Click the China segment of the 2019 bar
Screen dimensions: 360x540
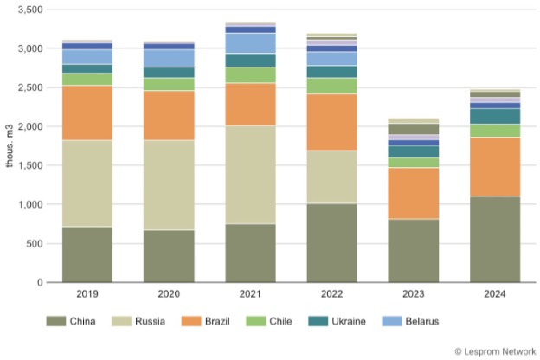click(x=87, y=254)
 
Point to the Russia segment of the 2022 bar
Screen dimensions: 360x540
click(x=332, y=177)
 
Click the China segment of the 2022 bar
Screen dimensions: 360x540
click(x=332, y=242)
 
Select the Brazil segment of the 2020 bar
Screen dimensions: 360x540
click(x=169, y=115)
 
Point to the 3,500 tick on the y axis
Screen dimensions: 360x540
click(x=29, y=10)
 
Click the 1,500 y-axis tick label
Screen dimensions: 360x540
click(x=29, y=165)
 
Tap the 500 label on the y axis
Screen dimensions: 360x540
click(x=35, y=243)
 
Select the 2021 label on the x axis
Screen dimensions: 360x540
click(x=250, y=294)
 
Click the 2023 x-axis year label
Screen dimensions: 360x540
click(x=415, y=294)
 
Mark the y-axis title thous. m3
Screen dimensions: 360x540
click(x=10, y=145)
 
